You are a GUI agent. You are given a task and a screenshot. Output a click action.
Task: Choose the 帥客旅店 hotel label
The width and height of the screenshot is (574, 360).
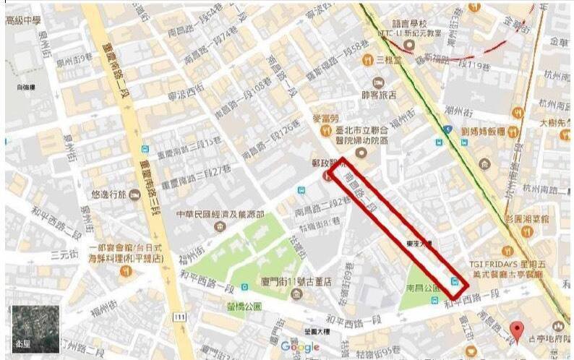pos(379,95)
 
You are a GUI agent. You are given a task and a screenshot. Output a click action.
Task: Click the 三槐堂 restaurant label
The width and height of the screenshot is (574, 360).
pos(389,60)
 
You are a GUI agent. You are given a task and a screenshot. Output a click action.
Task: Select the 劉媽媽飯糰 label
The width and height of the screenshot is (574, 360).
pos(483,132)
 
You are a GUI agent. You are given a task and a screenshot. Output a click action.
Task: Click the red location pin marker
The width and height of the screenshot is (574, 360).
pos(516,331)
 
